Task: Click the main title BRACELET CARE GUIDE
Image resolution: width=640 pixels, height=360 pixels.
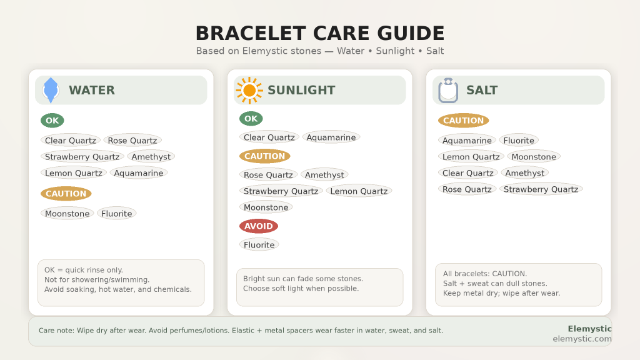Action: [320, 33]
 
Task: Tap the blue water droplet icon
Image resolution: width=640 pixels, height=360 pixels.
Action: [51, 91]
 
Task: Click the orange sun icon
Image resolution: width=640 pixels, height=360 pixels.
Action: [249, 91]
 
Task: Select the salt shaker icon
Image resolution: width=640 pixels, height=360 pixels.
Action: [448, 91]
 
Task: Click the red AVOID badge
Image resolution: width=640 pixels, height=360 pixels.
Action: [258, 226]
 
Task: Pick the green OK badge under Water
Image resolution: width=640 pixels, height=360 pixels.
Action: [52, 121]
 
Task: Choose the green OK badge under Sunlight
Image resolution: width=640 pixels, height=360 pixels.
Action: [251, 119]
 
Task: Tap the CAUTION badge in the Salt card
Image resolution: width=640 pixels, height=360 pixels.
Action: [463, 121]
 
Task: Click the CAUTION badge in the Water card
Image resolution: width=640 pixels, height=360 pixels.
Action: [66, 194]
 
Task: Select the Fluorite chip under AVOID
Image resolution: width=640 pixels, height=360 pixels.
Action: [259, 245]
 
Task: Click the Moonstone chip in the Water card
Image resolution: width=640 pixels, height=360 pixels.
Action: [67, 214]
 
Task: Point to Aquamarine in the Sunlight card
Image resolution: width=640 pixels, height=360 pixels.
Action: [331, 137]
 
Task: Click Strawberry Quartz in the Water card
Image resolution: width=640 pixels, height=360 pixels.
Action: [82, 157]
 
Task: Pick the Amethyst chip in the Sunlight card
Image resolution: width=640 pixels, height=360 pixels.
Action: [324, 175]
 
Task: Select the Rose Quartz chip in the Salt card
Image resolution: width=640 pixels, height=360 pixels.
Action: [467, 189]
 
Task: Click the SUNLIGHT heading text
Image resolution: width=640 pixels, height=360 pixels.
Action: [301, 91]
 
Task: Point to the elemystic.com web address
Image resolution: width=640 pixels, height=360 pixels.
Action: [582, 339]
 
